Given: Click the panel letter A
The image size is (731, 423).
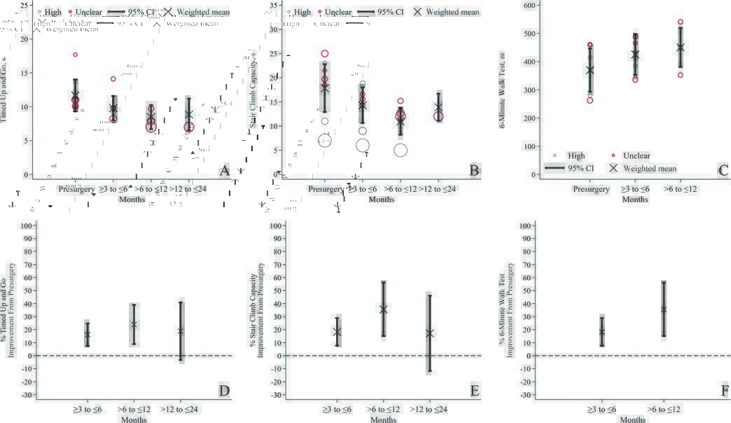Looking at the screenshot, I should click(x=224, y=170).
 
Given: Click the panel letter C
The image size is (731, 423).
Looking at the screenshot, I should click(x=723, y=170).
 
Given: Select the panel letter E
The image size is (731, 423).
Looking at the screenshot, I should click(x=474, y=391).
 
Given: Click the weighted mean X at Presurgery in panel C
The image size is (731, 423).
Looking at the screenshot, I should click(x=590, y=70).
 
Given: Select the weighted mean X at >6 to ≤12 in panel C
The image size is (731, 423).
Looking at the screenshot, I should click(x=680, y=48).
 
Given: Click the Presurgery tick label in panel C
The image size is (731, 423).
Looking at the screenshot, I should click(x=590, y=189).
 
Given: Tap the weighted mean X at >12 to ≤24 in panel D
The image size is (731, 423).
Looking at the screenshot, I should click(x=181, y=331).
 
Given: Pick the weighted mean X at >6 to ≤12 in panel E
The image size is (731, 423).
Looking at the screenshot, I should click(x=383, y=309).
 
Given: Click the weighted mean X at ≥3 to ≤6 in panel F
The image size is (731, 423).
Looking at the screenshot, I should click(x=601, y=331).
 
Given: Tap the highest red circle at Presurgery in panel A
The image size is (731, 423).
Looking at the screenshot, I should click(x=76, y=55).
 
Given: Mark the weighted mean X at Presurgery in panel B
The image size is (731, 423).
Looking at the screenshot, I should click(x=324, y=88).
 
